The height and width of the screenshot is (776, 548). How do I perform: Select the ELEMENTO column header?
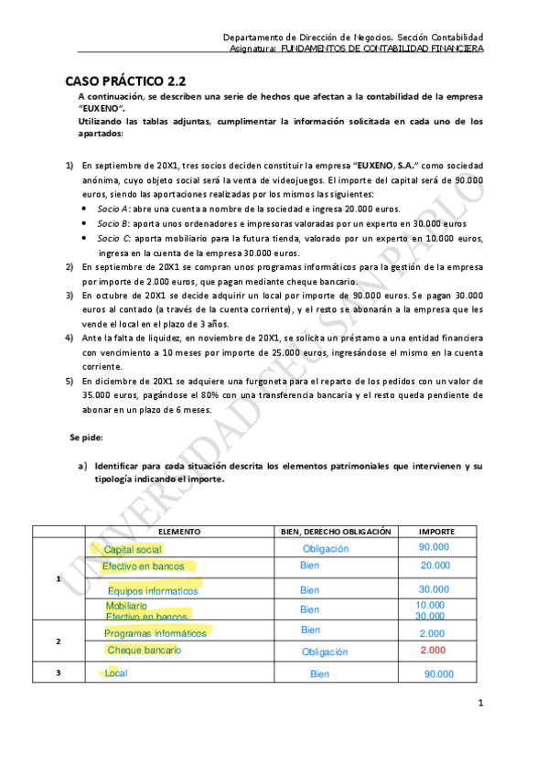[179, 531]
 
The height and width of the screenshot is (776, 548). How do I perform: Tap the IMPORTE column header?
[434, 531]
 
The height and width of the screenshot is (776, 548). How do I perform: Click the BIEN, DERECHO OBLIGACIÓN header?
[335, 531]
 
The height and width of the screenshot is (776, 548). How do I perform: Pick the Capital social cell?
[133, 549]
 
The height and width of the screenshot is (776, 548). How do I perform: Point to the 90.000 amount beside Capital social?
[435, 547]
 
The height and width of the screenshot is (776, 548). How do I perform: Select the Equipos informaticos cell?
[153, 590]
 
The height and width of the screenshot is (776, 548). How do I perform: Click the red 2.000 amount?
[433, 651]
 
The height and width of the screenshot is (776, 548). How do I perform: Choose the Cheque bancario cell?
[144, 651]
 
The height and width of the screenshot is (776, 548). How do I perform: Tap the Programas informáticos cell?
[156, 633]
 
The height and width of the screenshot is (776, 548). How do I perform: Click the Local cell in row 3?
[116, 674]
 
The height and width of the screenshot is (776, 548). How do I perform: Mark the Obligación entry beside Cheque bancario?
[325, 652]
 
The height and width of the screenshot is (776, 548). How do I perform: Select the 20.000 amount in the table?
[435, 566]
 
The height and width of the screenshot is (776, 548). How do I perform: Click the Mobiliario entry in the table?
[126, 606]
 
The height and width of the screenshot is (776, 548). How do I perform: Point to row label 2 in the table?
[59, 641]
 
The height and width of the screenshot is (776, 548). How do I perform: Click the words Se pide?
[87, 437]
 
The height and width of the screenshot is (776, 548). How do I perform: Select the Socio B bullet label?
[114, 223]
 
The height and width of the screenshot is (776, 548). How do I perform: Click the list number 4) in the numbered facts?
[70, 338]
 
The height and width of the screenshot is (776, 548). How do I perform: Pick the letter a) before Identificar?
[82, 466]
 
